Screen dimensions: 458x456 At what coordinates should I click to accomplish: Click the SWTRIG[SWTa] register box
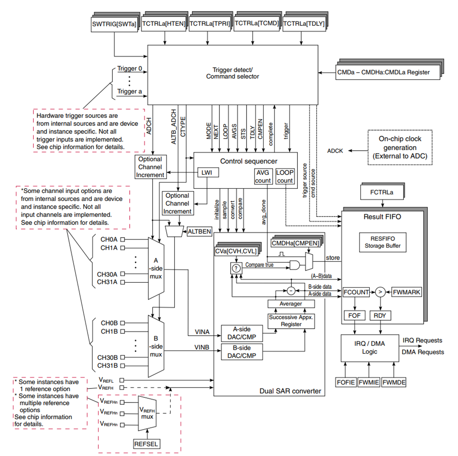[x=114, y=24]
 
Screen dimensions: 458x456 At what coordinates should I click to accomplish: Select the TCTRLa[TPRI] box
[x=210, y=23]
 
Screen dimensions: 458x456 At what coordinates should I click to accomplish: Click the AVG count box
[x=263, y=176]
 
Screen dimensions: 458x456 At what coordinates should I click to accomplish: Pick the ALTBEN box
[x=199, y=232]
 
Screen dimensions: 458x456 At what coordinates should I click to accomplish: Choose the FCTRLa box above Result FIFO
[x=382, y=193]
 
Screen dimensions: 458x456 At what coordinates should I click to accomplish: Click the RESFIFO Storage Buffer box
[x=383, y=242]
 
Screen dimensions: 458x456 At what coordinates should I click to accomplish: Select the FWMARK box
[x=406, y=292]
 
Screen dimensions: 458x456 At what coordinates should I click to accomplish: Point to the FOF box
[x=354, y=316]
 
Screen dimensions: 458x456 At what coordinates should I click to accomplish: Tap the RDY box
[x=380, y=316]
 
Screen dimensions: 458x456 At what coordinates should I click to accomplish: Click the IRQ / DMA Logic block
[x=370, y=348]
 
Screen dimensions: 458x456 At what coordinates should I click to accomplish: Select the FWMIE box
[x=369, y=382]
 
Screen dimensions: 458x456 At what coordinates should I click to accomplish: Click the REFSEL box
[x=147, y=444]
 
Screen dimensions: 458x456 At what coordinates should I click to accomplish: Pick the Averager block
[x=291, y=304]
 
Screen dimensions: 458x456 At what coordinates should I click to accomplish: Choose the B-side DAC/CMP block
[x=242, y=352]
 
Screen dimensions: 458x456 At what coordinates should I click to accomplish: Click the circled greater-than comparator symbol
[x=380, y=292]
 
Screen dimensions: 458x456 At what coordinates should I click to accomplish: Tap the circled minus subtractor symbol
[x=291, y=291]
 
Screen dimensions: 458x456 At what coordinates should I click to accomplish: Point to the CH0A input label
[x=109, y=240]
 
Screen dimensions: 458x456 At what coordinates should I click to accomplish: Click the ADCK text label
[x=335, y=151]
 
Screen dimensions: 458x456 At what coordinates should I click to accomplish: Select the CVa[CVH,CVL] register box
[x=236, y=251]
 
